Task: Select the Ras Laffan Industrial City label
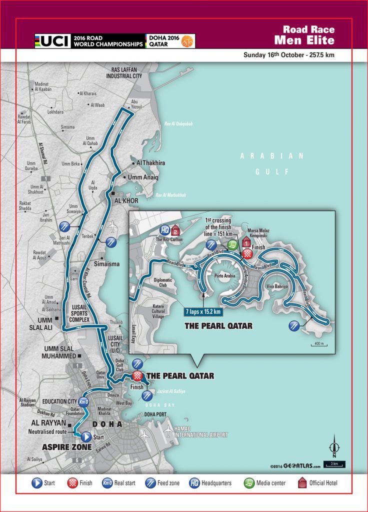point(124,72)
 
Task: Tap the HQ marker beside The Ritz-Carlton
point(165,230)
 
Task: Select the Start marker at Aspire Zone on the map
point(86,435)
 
